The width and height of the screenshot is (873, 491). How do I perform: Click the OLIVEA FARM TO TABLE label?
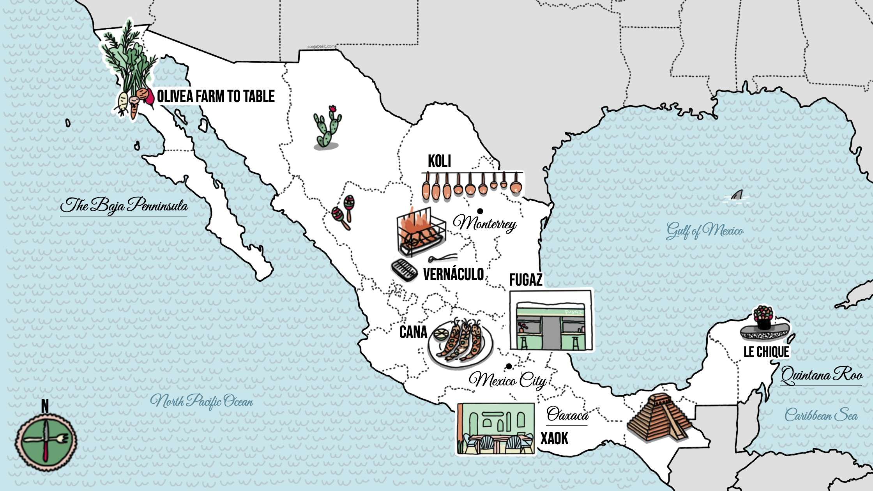pos(216,96)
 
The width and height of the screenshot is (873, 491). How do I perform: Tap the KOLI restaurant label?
pos(439,161)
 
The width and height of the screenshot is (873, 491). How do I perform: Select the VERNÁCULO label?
pos(453,274)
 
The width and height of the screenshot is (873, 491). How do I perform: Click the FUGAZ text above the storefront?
pos(526,280)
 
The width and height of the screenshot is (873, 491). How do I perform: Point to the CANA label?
pos(413,332)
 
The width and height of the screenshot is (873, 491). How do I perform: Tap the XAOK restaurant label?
pos(554,439)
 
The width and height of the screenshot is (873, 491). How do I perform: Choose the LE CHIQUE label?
pos(766,352)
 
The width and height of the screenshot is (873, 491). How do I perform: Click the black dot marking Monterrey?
pos(480,211)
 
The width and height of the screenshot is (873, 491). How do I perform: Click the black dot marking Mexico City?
pos(509,366)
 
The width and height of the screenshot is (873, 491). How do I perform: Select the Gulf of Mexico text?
pos(705,231)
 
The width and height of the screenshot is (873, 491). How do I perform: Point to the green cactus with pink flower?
pos(327,128)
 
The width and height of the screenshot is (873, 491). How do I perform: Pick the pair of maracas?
pos(344,212)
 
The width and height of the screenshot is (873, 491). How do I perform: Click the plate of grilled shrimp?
pos(460,343)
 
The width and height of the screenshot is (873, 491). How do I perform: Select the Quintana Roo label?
pos(822,375)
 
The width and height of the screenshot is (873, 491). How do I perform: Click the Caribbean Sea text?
pos(821,415)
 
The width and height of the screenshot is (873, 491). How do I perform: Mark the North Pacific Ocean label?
pos(201,401)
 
